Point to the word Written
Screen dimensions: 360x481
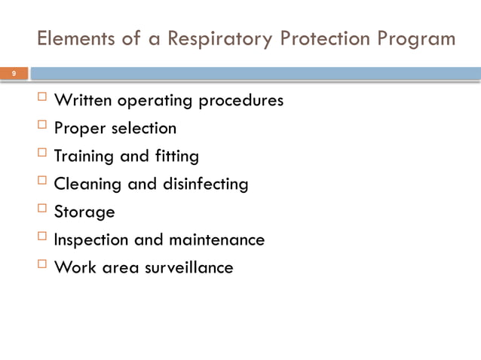click(84, 100)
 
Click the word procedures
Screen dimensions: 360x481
click(240, 101)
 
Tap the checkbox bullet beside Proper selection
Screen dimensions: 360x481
click(41, 127)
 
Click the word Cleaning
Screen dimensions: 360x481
click(85, 185)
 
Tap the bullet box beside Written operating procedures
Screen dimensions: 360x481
click(41, 99)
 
